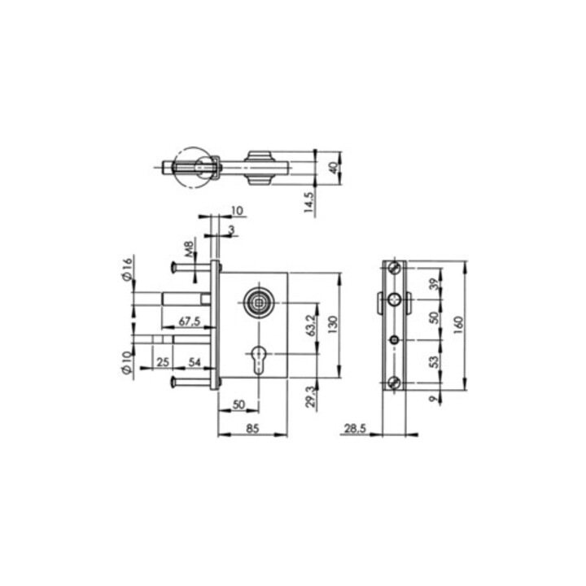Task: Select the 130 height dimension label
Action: (x=333, y=325)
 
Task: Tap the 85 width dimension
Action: (x=252, y=428)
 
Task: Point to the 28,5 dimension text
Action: (x=355, y=428)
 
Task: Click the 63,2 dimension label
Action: (x=312, y=325)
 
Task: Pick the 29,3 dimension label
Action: (x=311, y=397)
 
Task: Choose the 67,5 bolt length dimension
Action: (x=190, y=321)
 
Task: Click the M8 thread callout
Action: (x=190, y=249)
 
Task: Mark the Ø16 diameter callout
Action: (x=127, y=269)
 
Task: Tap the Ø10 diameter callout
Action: (x=127, y=362)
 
